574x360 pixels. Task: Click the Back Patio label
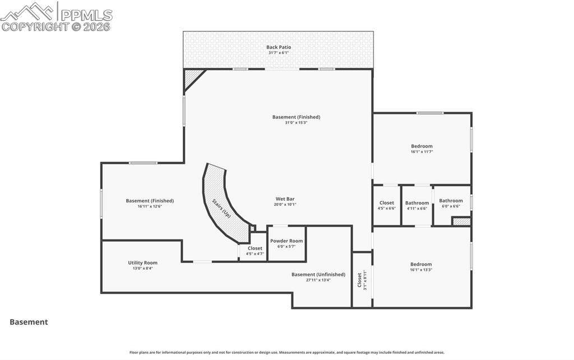click(278, 47)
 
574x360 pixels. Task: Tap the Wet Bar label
click(285, 199)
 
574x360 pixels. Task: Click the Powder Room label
click(286, 241)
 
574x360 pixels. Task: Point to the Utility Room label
click(142, 262)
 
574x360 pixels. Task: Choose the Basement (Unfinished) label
click(318, 274)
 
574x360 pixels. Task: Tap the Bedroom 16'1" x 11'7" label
click(422, 146)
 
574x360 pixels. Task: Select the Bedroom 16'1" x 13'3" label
click(421, 264)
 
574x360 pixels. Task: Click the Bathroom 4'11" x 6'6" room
click(416, 205)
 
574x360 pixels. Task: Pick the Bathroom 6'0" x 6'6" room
click(451, 203)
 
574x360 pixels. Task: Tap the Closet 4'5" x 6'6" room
click(386, 205)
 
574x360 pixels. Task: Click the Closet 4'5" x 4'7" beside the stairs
click(254, 251)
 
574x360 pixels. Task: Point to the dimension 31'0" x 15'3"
click(296, 122)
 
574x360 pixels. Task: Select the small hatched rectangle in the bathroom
click(461, 221)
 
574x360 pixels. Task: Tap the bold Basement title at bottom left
click(29, 322)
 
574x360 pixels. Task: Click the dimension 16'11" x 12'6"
click(150, 206)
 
